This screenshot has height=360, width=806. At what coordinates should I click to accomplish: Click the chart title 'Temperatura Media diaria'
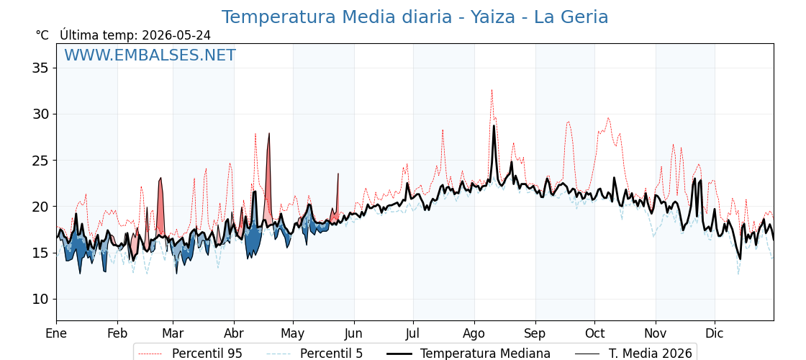click(335, 17)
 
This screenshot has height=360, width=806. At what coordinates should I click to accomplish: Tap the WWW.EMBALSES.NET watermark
click(150, 55)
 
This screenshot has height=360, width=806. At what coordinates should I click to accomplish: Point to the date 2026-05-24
click(176, 35)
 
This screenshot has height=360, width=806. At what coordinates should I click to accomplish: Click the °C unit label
click(42, 35)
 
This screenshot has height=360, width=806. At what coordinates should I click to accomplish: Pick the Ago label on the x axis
click(474, 334)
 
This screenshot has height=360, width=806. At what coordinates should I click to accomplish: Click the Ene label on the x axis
click(57, 334)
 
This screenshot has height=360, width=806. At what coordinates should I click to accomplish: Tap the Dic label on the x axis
click(715, 334)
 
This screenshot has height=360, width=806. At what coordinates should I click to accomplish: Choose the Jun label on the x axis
click(353, 334)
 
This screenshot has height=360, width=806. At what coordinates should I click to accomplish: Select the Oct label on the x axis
click(594, 334)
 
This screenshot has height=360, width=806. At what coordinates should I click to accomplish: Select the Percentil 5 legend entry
click(315, 354)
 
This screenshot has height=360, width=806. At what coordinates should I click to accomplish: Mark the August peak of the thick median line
click(494, 126)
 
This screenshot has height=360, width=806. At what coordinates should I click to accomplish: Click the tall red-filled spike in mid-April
click(268, 175)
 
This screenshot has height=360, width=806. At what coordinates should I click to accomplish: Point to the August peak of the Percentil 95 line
click(492, 91)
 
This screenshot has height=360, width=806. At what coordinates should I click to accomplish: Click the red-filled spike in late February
click(160, 206)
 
